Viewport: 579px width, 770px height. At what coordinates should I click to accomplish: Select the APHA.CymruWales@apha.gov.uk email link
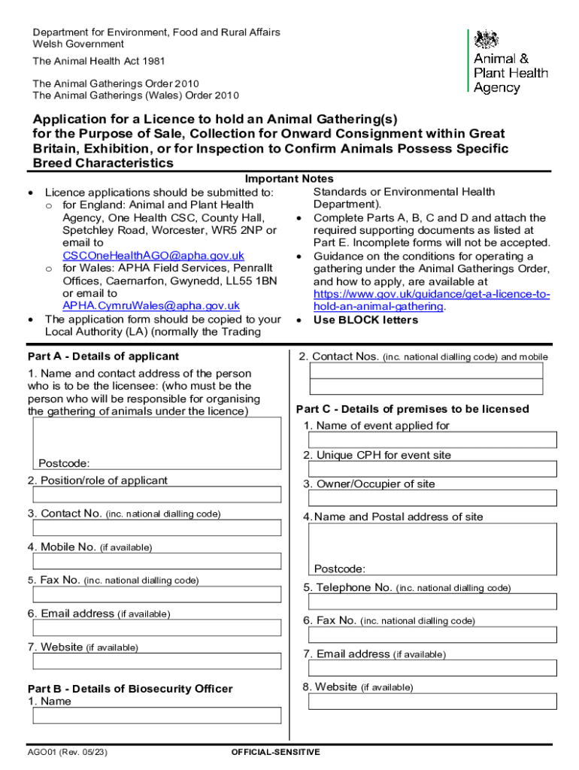[151, 305]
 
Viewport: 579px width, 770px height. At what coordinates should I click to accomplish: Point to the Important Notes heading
[289, 179]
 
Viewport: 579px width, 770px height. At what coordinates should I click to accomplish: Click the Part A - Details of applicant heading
[103, 356]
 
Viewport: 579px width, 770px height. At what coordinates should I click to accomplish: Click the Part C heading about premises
[412, 409]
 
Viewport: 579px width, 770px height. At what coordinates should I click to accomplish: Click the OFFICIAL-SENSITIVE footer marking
[275, 752]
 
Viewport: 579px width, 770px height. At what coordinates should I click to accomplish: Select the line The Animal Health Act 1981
[99, 61]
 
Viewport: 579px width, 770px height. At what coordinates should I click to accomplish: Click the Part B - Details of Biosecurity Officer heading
[130, 689]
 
